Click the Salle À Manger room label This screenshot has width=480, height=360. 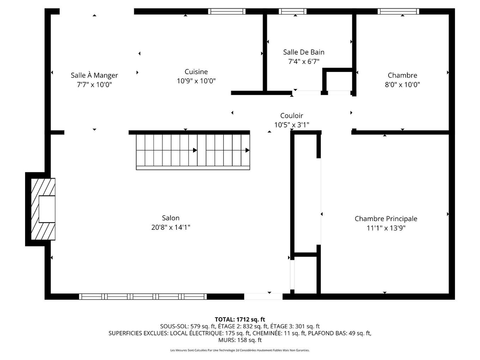pos(94,75)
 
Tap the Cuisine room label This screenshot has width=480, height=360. pos(196,72)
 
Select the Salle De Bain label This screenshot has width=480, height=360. pos(304,52)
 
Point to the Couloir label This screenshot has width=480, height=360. pos(292,115)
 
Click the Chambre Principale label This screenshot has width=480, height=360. pos(386,218)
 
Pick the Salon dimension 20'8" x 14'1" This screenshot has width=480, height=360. pos(170,227)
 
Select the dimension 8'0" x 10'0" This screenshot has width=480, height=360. pos(402,84)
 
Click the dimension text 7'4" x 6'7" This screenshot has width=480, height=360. pos(304,61)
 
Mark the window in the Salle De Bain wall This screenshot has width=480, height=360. pos(293,11)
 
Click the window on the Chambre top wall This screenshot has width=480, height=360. pos(398,11)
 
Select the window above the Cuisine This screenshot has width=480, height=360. pos(226,11)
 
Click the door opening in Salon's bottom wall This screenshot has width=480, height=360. pos(263,296)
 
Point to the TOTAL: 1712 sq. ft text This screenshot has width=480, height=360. pos(240,319)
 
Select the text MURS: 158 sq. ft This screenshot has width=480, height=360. pos(240,340)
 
